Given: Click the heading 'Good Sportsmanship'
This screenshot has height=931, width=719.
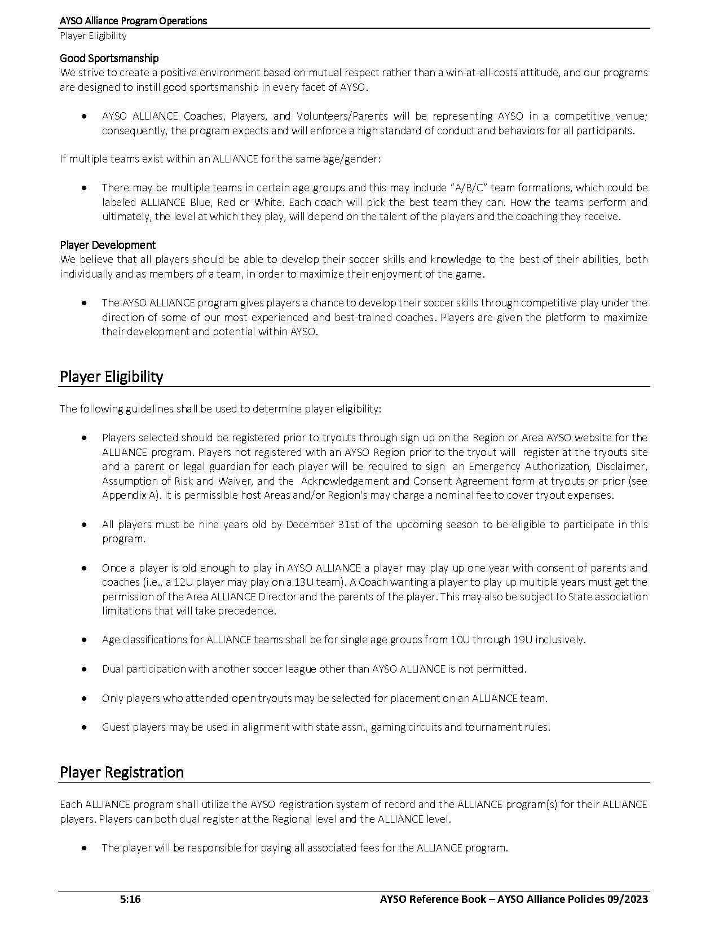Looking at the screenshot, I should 109,58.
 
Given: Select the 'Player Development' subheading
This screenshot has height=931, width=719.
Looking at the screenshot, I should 107,245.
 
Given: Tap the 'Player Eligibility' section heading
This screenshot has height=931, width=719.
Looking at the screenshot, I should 111,376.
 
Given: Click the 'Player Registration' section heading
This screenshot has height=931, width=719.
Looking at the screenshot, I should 121,772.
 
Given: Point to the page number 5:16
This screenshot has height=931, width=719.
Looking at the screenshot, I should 130,899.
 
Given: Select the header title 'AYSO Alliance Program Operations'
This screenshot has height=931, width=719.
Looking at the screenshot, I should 133,21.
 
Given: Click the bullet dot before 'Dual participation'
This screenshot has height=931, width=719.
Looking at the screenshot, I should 84,669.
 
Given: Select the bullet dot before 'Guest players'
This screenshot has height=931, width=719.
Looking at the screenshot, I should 84,727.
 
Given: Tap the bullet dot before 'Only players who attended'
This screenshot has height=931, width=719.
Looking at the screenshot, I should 84,698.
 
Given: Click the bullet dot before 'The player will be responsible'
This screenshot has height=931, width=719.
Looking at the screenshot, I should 84,847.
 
